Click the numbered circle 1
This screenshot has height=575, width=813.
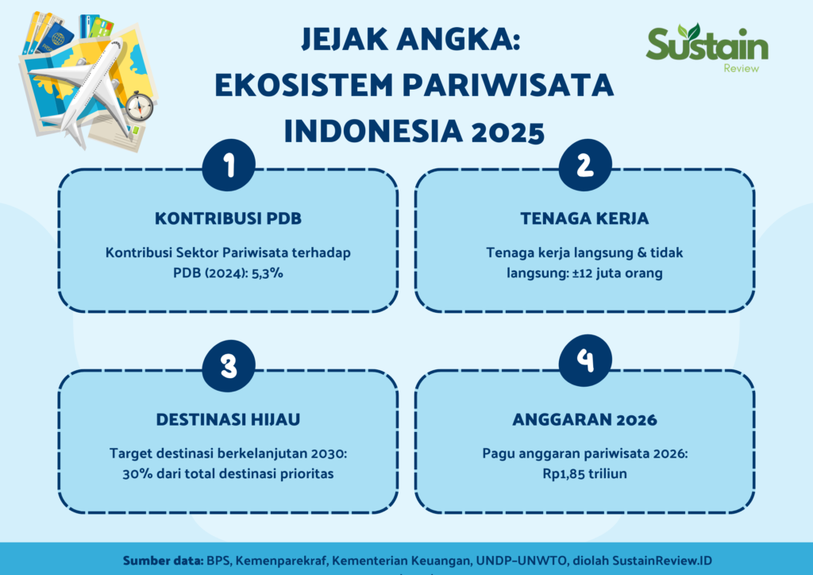(x=229, y=165)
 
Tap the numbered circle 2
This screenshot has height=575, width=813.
(x=585, y=165)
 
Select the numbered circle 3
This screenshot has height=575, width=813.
(x=229, y=366)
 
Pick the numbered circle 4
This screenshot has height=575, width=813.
(x=585, y=361)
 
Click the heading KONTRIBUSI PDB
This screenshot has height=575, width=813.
(x=228, y=218)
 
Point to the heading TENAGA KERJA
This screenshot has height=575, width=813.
(x=584, y=218)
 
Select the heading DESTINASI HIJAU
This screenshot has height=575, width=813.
(x=228, y=419)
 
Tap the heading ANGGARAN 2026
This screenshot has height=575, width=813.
(x=585, y=419)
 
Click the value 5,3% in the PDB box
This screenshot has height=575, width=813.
(x=268, y=273)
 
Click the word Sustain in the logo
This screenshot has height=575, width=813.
(x=707, y=44)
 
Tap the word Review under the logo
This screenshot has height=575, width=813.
(x=742, y=68)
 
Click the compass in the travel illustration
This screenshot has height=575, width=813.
(x=140, y=106)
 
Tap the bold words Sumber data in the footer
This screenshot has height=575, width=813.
(x=164, y=561)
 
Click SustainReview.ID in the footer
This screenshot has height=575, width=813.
(x=662, y=561)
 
